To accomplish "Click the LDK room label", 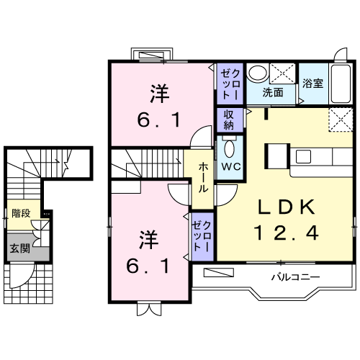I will (x=285, y=207).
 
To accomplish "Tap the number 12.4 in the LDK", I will (x=285, y=233).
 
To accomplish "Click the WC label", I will (x=230, y=166).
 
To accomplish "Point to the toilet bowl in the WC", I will (x=230, y=148).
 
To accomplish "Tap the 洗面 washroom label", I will (x=271, y=92).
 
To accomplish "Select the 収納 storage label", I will (x=229, y=119).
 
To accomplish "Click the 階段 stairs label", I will (x=21, y=213).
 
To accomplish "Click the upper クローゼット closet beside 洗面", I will (x=228, y=84).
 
